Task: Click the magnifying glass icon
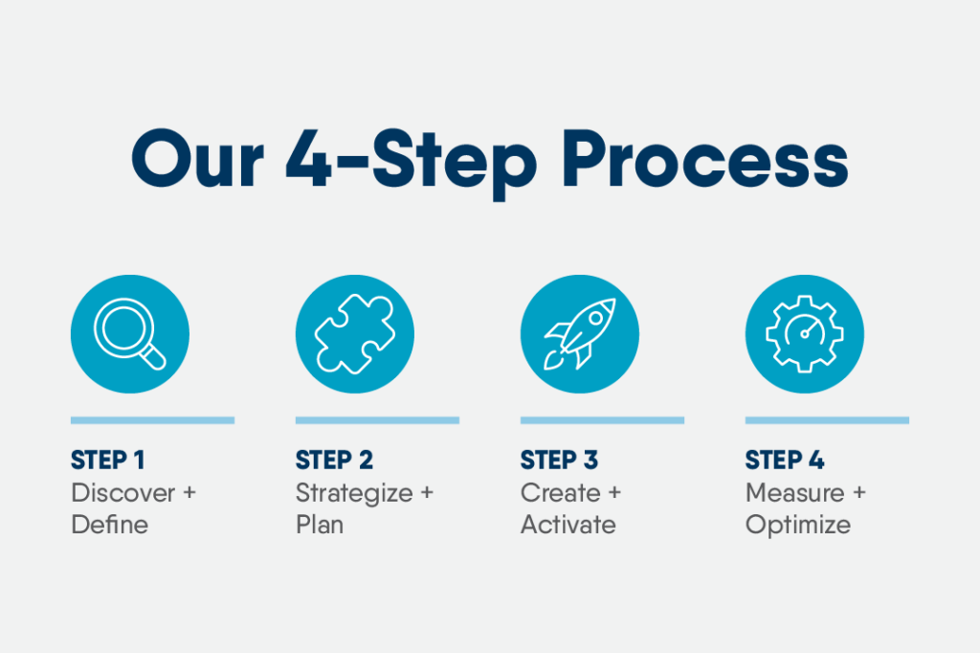click(129, 334)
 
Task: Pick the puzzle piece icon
click(355, 334)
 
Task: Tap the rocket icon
click(580, 334)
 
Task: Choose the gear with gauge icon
click(805, 334)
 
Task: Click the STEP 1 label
click(107, 461)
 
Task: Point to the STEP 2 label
click(334, 461)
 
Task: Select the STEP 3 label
click(559, 461)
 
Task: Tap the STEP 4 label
click(785, 461)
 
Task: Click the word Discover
click(123, 493)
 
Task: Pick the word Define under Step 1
click(109, 525)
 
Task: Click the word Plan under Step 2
click(319, 525)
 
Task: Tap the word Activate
click(568, 525)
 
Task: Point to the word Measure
click(794, 493)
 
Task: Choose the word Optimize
click(797, 525)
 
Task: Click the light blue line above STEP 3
click(602, 419)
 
